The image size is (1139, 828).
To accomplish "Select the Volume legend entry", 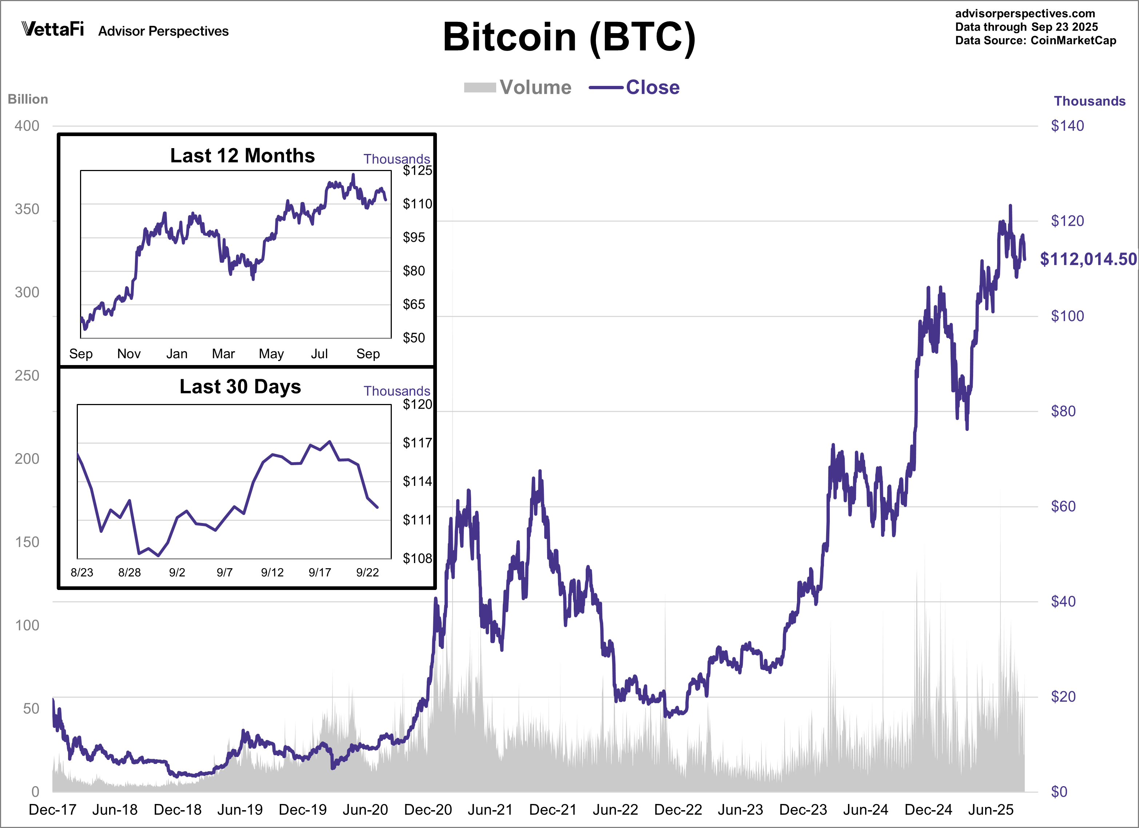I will (518, 87).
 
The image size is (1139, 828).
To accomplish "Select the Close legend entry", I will (635, 87).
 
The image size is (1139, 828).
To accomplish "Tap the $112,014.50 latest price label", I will (1088, 259).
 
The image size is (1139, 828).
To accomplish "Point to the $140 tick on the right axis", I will (1067, 126).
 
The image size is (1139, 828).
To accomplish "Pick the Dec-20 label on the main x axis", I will (428, 809).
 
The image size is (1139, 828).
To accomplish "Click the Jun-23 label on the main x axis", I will (740, 809).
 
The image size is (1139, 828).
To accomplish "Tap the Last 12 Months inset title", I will (243, 156).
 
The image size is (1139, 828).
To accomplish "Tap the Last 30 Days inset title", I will (240, 387).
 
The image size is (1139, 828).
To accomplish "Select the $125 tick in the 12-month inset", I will (417, 170).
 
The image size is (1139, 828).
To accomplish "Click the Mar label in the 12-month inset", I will (223, 354).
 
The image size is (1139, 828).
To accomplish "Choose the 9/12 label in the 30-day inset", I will (272, 572).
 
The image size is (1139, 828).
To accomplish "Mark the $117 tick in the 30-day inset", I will (417, 443).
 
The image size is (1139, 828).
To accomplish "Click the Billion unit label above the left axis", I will (28, 99).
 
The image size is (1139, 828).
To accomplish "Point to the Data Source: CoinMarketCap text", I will (1036, 41).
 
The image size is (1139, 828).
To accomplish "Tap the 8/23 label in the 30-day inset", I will (82, 572).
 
